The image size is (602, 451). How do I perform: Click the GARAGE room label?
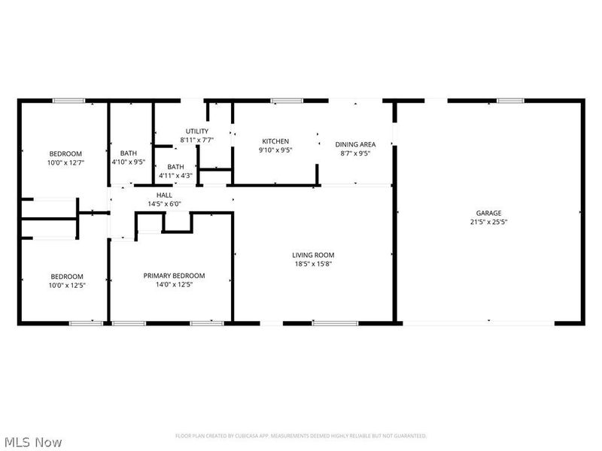(x=488, y=213)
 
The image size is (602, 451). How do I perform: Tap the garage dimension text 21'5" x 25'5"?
(x=488, y=222)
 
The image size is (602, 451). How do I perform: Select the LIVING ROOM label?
(x=313, y=255)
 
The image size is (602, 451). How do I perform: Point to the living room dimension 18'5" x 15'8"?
(x=313, y=264)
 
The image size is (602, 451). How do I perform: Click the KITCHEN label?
(x=275, y=141)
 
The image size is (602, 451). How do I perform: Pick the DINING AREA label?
(x=355, y=144)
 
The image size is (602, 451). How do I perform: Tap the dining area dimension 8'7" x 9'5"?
(x=355, y=153)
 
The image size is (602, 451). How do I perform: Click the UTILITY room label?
(x=197, y=132)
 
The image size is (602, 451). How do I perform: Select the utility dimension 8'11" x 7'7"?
(x=197, y=140)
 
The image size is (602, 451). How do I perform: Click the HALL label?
(x=164, y=195)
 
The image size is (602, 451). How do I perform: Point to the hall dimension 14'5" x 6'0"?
(x=164, y=204)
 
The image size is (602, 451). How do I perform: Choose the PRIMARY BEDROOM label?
(x=174, y=276)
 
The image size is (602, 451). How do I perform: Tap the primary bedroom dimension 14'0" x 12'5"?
(x=174, y=285)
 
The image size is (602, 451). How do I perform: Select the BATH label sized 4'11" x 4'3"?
(x=175, y=167)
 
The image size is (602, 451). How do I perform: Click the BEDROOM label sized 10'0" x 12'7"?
(x=65, y=153)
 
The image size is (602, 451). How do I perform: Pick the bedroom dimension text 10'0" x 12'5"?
(x=67, y=285)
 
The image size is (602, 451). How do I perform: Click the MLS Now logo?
(x=32, y=442)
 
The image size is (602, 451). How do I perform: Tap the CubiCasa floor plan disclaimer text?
(x=301, y=436)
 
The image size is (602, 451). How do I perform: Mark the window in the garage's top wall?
(x=510, y=100)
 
